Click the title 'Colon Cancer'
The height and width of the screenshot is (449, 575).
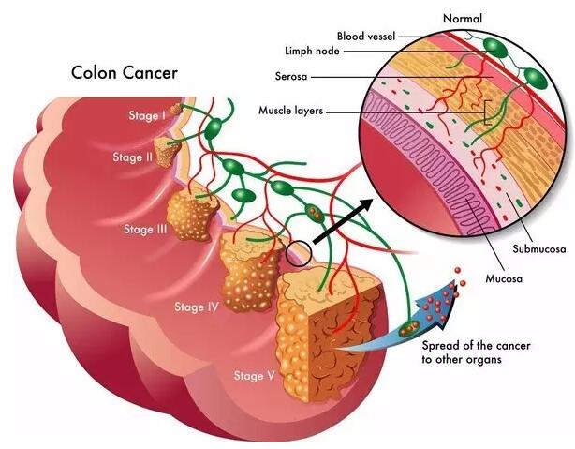pyautogui.click(x=125, y=73)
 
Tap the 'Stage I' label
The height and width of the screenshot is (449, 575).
pyautogui.click(x=147, y=115)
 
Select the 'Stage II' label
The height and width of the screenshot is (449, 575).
pyautogui.click(x=132, y=157)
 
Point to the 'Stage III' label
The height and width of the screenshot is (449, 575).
pyautogui.click(x=145, y=229)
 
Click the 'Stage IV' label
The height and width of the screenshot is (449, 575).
pyautogui.click(x=197, y=307)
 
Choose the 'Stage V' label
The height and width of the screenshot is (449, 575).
pyautogui.click(x=254, y=376)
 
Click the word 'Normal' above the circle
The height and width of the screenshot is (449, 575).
pyautogui.click(x=463, y=19)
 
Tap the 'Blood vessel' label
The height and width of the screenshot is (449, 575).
pyautogui.click(x=366, y=37)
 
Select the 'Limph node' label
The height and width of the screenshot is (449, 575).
pyautogui.click(x=312, y=51)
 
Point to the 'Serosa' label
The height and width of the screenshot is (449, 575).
pyautogui.click(x=291, y=76)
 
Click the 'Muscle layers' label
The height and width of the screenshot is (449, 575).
pyautogui.click(x=291, y=110)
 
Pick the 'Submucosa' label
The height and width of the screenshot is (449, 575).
pyautogui.click(x=539, y=249)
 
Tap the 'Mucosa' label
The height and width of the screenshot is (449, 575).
pyautogui.click(x=504, y=278)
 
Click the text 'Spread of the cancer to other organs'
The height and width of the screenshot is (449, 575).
pyautogui.click(x=476, y=352)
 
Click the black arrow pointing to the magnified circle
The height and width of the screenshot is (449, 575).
pyautogui.click(x=343, y=221)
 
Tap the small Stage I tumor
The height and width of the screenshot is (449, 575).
pyautogui.click(x=176, y=109)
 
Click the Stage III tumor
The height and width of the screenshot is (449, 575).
pyautogui.click(x=191, y=214)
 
